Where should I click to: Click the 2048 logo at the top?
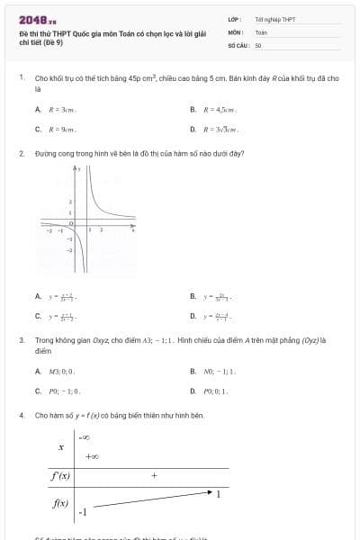38,20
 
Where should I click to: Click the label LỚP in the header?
234,19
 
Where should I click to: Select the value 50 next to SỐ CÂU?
258,44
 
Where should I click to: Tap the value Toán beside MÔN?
261,31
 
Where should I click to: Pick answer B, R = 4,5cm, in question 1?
217,109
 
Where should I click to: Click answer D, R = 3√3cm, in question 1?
220,129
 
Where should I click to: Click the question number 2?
21,153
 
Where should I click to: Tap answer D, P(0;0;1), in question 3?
216,391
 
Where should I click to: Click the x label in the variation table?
61,446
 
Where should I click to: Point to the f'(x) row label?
59,475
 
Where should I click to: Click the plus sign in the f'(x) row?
154,474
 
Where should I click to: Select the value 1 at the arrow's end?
219,494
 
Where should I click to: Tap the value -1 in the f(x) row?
83,512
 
